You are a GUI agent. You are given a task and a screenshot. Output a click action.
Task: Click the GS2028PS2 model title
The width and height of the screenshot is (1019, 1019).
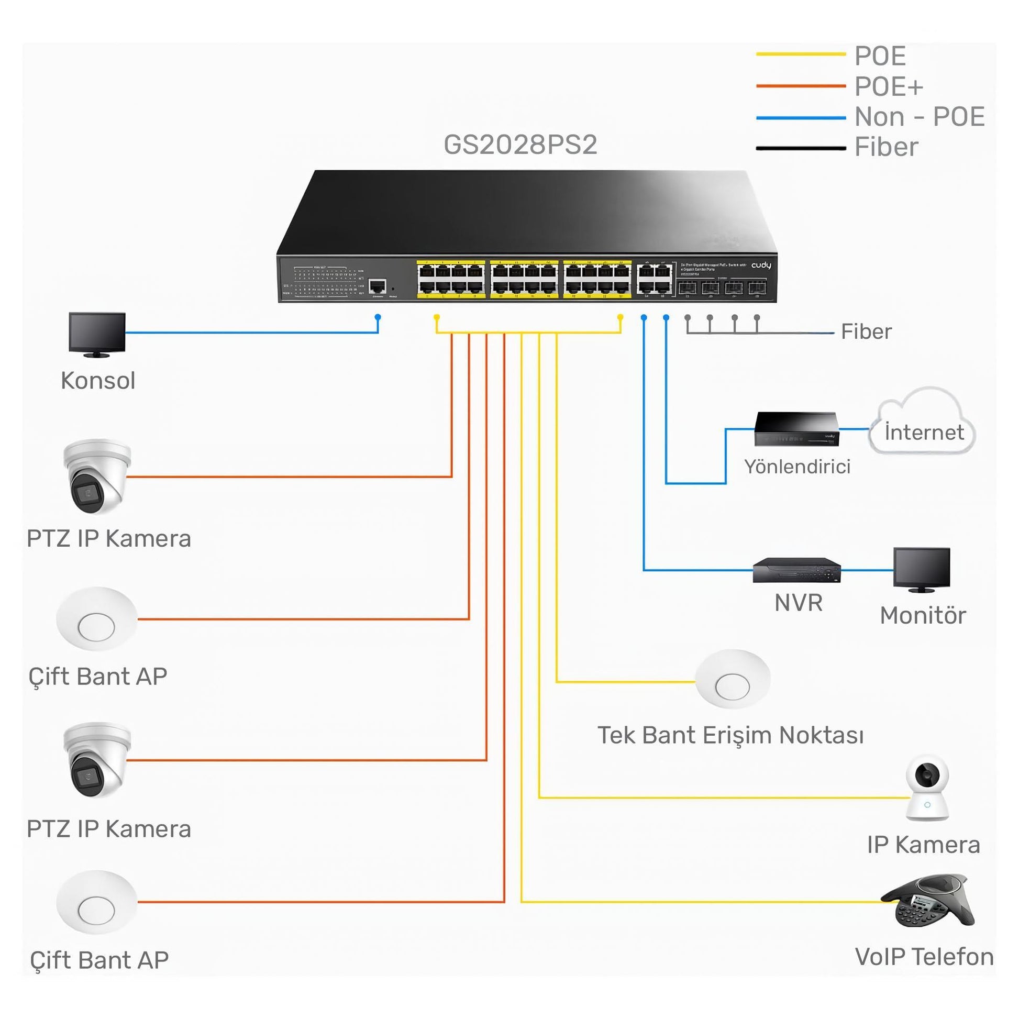[x=520, y=145]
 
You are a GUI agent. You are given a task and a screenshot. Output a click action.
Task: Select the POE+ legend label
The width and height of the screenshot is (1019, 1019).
[x=888, y=86]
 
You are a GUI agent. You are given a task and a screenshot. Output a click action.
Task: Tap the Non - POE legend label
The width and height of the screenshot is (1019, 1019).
[x=920, y=117]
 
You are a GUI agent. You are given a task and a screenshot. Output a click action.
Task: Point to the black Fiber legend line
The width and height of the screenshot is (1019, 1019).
[x=800, y=148]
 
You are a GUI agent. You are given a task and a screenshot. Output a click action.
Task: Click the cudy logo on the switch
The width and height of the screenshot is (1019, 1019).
[x=760, y=265]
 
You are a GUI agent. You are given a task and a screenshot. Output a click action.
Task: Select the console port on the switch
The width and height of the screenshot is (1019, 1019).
[x=377, y=287]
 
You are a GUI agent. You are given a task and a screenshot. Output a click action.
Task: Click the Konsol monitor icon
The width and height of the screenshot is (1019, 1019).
[x=97, y=335]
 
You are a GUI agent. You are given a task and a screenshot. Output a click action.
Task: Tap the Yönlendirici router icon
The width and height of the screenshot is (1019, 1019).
[x=796, y=429]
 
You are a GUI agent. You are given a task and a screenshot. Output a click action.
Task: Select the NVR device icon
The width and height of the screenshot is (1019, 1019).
[x=796, y=570]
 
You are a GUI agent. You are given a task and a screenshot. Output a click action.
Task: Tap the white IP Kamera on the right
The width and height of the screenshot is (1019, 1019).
[x=927, y=788]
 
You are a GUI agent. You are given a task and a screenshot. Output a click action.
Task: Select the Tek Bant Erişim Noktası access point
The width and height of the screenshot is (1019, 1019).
[x=732, y=679]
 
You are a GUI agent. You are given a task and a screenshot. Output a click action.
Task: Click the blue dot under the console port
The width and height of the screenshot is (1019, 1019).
[x=378, y=317]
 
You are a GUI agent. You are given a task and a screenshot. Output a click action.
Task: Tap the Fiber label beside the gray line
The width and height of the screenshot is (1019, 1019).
[x=866, y=332]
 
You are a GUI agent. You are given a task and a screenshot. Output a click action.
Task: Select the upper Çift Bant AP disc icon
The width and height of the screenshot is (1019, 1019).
[x=96, y=619]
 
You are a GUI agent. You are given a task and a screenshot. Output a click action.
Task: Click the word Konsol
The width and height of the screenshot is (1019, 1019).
[x=98, y=380]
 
